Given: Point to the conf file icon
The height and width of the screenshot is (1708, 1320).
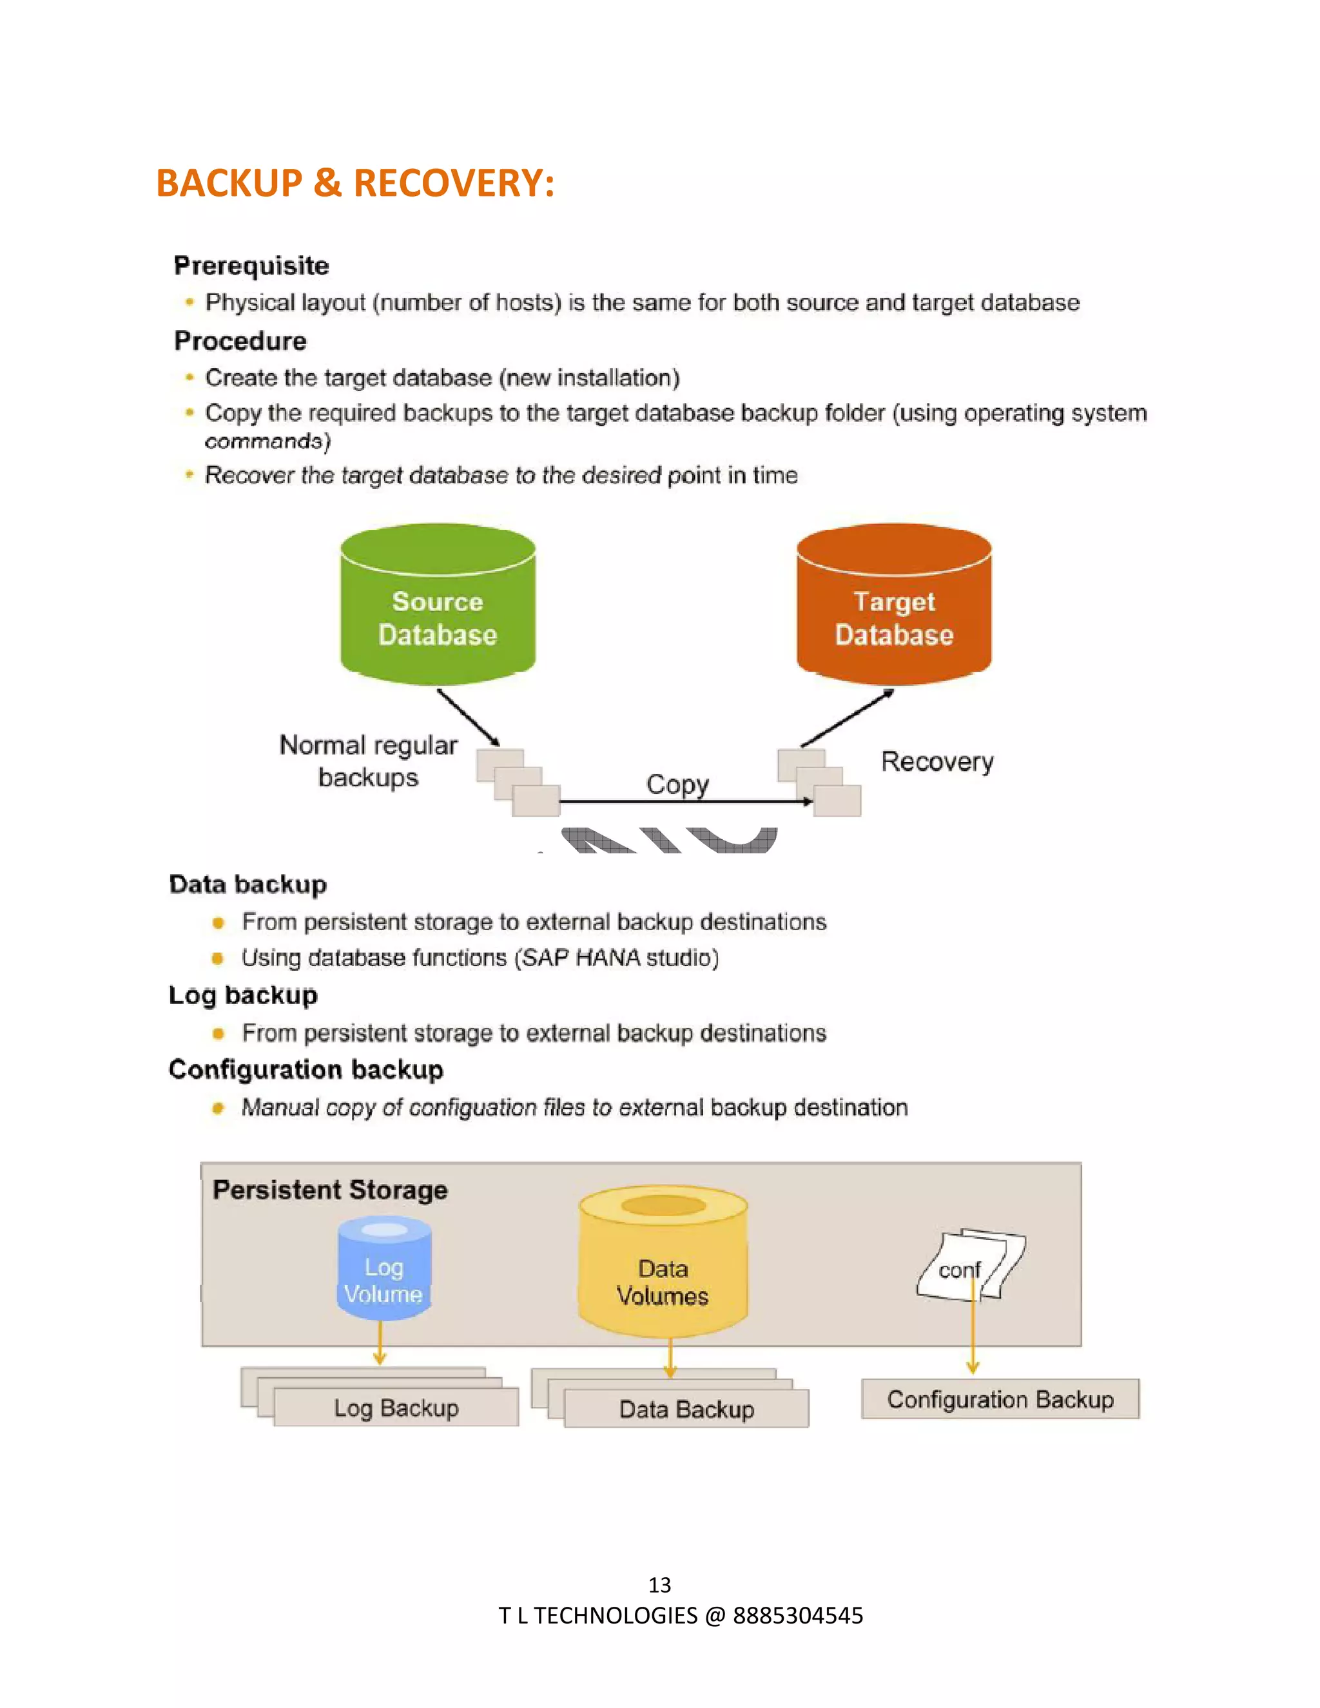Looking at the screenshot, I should pos(969,1264).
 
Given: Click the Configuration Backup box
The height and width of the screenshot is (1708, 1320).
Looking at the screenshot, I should pos(1000,1399).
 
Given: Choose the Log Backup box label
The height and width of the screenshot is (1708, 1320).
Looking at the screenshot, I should pos(396,1408).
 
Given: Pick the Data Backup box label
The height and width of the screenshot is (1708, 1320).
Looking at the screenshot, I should pos(686,1409).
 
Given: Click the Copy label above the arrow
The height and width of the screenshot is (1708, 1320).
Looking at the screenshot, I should pos(677,784).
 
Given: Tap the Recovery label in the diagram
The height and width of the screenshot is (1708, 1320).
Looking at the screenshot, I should pos(937,762).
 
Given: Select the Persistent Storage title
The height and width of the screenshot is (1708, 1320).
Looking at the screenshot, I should pos(330,1190).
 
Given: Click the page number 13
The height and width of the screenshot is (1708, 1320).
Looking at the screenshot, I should pos(659,1584).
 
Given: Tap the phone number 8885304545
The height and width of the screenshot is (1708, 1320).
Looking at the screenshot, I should pos(798,1616).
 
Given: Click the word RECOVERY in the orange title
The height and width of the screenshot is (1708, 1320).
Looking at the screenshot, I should pos(454,183).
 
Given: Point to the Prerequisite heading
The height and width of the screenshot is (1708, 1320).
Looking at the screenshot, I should pos(251,266).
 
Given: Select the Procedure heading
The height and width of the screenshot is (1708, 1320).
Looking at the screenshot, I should pos(240,341).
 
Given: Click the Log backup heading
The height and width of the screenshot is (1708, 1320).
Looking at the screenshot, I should pos(243,995).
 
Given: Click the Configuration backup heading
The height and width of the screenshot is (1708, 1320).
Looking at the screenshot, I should pos(306,1069).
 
